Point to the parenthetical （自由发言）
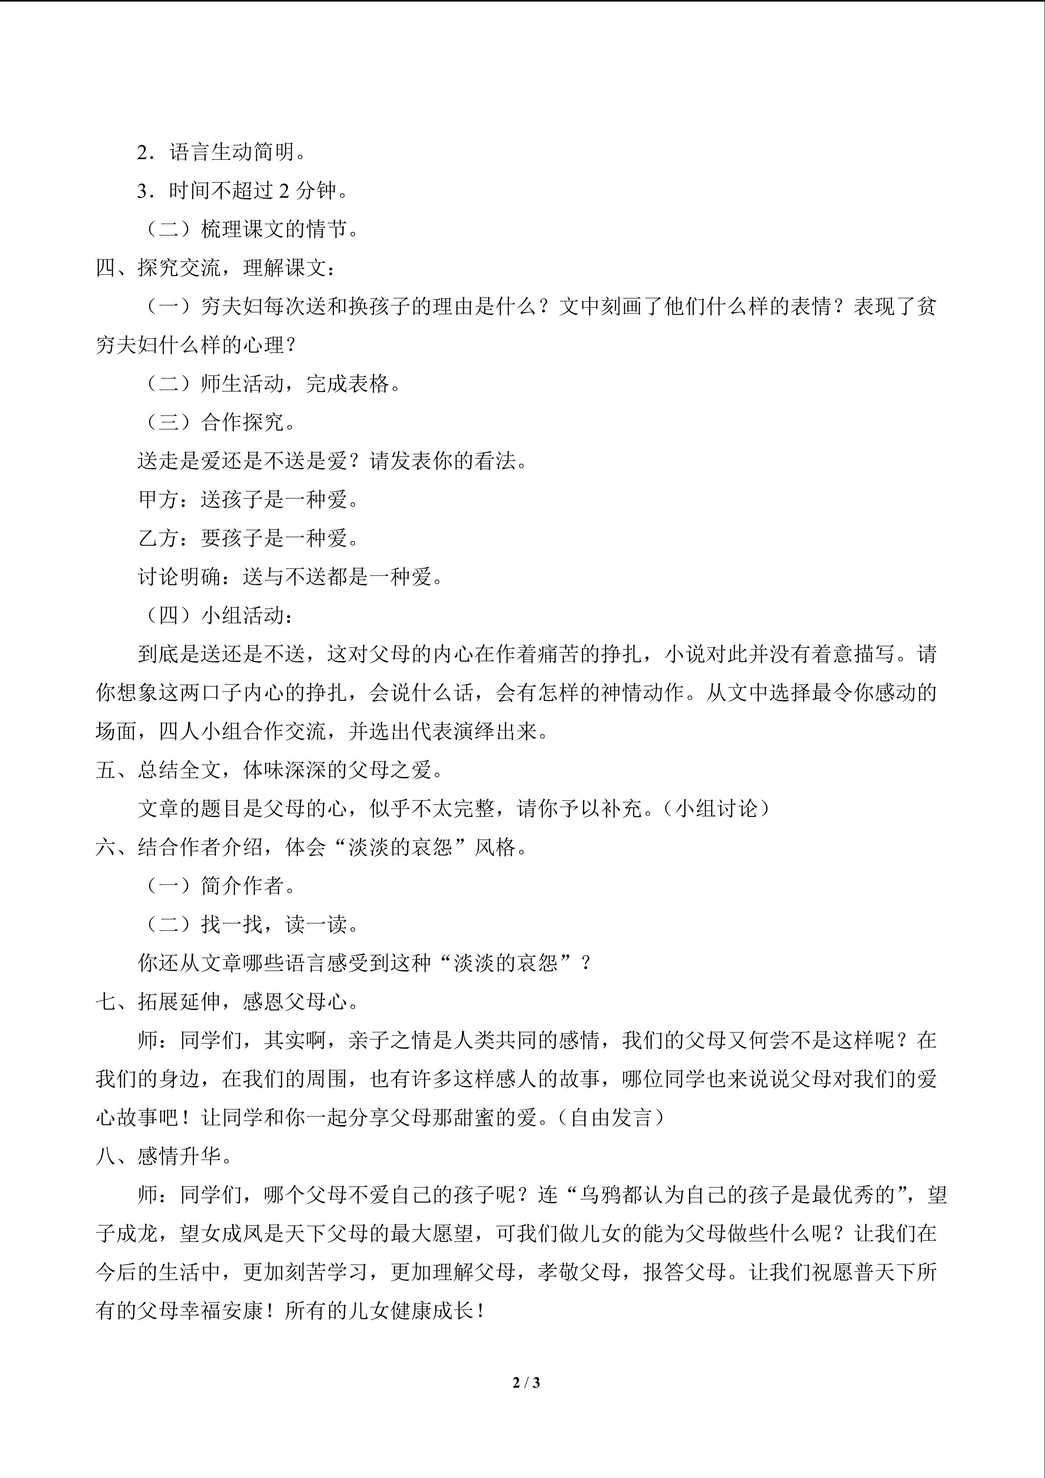[x=612, y=1118]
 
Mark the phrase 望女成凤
[x=221, y=1233]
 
